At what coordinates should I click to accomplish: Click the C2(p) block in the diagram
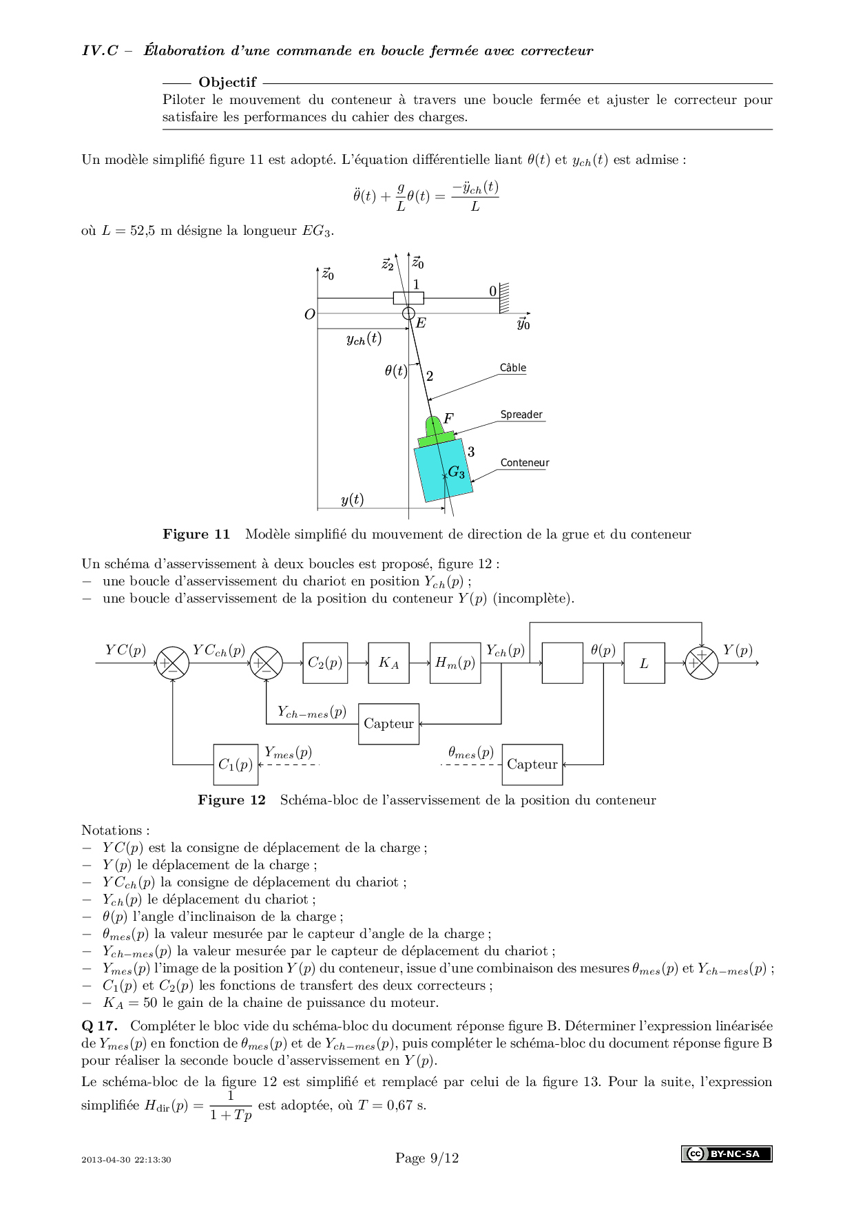325,663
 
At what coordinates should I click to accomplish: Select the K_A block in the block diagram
388,663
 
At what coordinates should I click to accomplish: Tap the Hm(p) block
455,663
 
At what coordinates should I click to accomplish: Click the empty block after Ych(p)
562,663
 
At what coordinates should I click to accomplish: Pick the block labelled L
644,663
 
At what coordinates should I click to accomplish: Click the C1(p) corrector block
236,764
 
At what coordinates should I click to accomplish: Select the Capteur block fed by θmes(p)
532,764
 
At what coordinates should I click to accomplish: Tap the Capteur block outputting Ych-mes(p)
388,723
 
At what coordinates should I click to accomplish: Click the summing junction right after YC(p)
172,663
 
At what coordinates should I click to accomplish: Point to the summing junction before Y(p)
701,663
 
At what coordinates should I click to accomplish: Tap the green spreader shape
435,432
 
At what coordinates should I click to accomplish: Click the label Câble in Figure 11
513,368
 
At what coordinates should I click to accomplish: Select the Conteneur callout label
525,463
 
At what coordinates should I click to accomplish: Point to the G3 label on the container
457,472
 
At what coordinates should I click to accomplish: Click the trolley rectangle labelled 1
408,298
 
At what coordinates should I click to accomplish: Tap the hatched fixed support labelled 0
504,298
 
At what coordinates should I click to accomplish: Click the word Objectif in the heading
227,83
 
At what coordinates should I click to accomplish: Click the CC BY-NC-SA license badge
727,1154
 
